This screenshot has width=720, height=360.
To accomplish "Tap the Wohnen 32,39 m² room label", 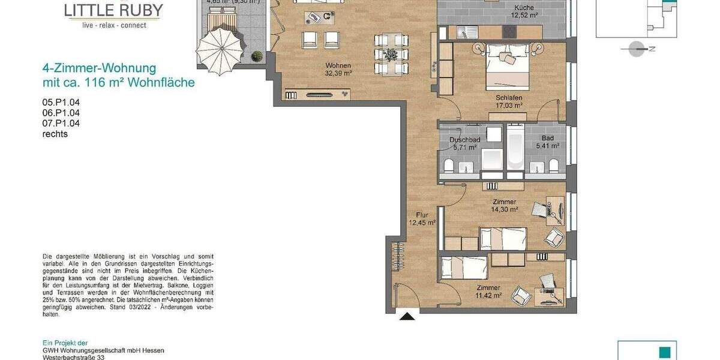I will pos(338,70).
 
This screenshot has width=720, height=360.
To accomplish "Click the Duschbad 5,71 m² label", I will pos(464,143).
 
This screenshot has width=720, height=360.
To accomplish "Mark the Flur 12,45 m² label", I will pos(422,218).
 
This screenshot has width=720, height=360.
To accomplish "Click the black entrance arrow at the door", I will pos(407,316).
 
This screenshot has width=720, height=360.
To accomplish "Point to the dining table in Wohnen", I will pos(391,55).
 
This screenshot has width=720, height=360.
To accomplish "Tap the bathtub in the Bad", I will pos(515,150).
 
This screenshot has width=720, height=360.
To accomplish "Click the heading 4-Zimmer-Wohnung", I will pos(99,68).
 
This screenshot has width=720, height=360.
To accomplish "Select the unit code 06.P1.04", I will pos(61,113).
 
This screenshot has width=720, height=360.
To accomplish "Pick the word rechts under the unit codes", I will pos(55,134).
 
